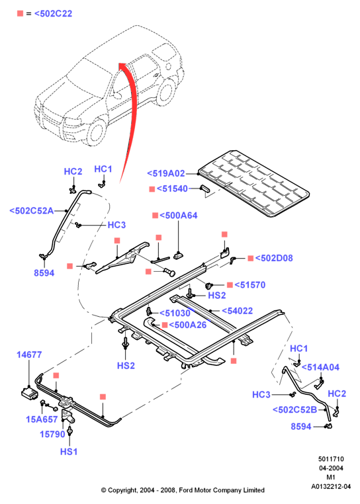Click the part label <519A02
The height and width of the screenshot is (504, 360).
(x=166, y=173)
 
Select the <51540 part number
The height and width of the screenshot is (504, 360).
(x=172, y=189)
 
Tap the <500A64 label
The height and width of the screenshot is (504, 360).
(x=179, y=216)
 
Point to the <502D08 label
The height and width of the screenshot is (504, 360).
(x=274, y=258)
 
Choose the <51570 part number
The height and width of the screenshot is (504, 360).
(x=250, y=285)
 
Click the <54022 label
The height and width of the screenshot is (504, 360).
(x=238, y=311)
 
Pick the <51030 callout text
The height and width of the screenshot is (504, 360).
(x=175, y=313)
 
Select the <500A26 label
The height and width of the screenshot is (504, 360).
(x=187, y=325)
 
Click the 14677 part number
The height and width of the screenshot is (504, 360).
(x=29, y=355)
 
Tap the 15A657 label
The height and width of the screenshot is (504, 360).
(x=42, y=419)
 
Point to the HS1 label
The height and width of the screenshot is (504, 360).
(x=69, y=452)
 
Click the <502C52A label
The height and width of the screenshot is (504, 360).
(x=32, y=211)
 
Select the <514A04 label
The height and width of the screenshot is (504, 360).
(x=320, y=367)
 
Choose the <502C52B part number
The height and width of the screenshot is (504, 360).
(x=294, y=410)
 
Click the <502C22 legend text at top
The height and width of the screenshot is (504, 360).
(x=53, y=14)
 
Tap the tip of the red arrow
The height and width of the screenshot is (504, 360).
(x=120, y=63)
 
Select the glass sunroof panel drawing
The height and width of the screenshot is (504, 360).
(x=253, y=183)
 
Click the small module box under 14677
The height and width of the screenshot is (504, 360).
(x=30, y=393)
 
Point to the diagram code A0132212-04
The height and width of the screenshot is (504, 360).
(x=331, y=487)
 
